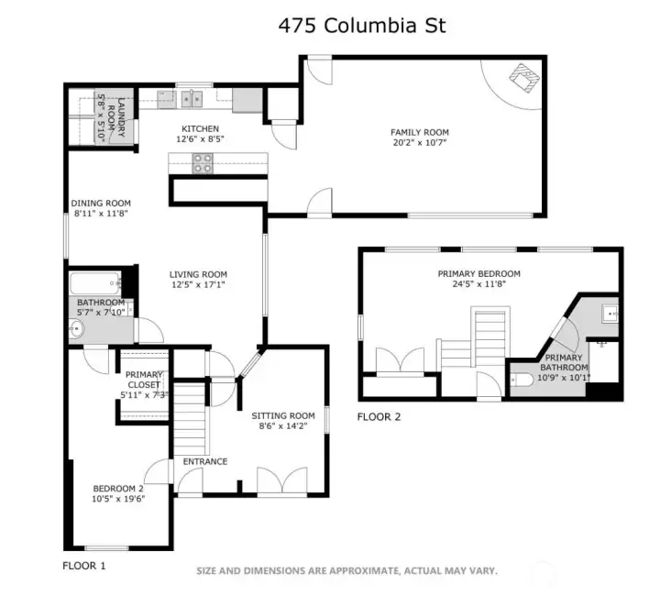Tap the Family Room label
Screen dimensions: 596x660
coord(420,132)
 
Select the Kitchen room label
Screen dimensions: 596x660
coord(200,128)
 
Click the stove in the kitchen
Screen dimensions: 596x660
coord(203,163)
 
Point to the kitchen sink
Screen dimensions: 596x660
coord(192,98)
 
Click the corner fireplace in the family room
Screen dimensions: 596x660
coord(523,78)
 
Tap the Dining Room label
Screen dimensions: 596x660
coord(101,204)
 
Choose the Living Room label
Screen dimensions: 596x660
coord(198,274)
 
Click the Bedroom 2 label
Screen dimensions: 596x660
coord(118,488)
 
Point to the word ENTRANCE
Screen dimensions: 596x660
coord(204,461)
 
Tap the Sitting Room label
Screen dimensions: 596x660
coord(283,415)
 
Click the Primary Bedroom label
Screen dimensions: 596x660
coord(478,273)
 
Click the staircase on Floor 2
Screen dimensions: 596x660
coord(488,337)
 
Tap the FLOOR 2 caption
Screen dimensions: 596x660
coord(379,417)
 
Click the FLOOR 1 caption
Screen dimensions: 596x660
coord(83,566)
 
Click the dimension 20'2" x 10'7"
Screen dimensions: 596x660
coord(420,144)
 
